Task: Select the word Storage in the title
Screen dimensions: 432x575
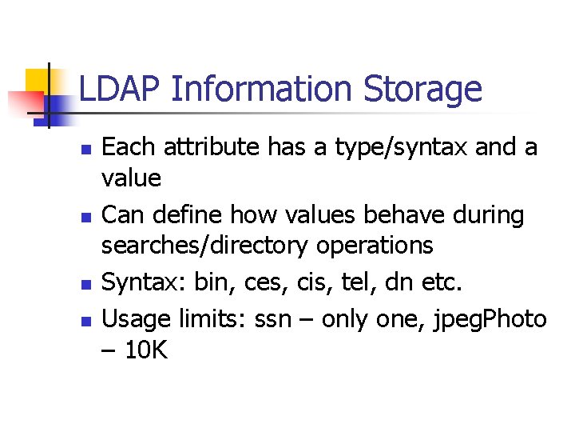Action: point(423,90)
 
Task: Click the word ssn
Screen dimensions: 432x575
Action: point(272,320)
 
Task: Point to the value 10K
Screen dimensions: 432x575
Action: point(146,350)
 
